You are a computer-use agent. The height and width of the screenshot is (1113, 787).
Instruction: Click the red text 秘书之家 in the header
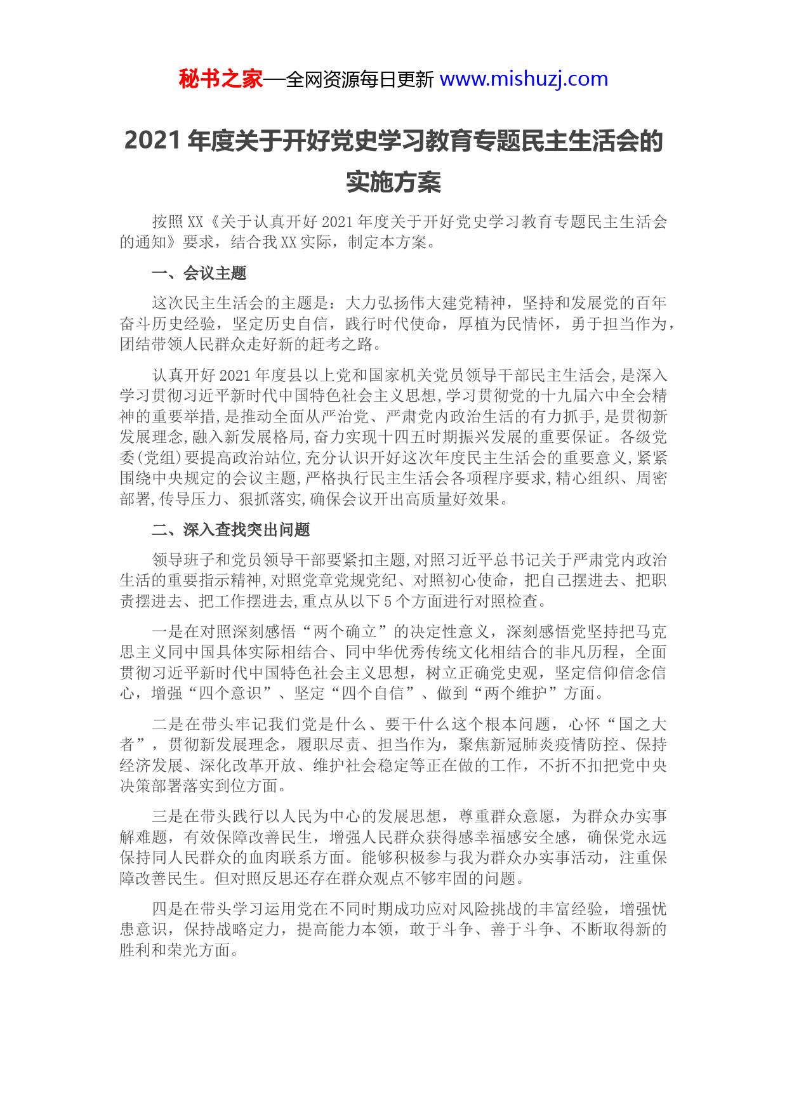click(x=220, y=79)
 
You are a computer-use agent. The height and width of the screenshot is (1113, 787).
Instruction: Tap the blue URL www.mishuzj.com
click(x=524, y=79)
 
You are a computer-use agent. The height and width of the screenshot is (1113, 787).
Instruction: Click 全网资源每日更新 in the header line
click(x=360, y=80)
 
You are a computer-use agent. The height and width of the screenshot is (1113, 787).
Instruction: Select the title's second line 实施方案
click(x=393, y=182)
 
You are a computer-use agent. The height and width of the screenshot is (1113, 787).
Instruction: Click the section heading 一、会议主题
click(x=199, y=273)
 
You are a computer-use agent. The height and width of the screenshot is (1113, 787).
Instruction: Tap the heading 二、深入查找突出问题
click(x=231, y=530)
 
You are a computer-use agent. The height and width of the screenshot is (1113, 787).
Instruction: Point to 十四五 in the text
click(x=402, y=437)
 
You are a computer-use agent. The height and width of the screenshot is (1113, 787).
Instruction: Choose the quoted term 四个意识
click(x=230, y=694)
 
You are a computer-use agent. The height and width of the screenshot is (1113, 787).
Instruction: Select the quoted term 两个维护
click(x=516, y=694)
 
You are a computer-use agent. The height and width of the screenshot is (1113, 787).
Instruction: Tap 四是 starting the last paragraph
click(x=168, y=909)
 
